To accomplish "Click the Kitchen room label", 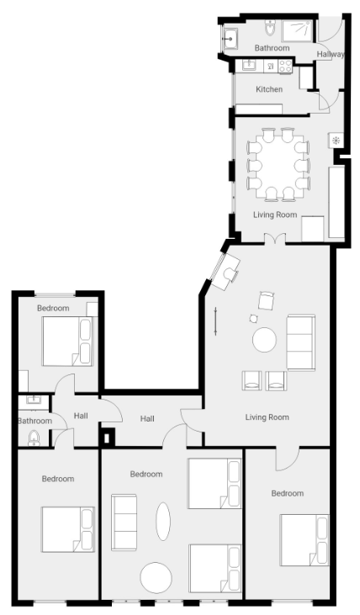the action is [x=269, y=89].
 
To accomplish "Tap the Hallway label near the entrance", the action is [x=331, y=54].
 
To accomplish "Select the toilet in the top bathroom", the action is [x=270, y=28].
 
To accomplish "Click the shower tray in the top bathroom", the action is [x=297, y=30].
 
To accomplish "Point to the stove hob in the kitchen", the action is [x=285, y=66].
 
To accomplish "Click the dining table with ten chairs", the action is [x=279, y=164].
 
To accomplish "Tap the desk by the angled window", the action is [x=225, y=272].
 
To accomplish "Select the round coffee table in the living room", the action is [x=264, y=340].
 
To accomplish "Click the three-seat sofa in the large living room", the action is [x=301, y=342].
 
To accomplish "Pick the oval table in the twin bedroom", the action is [x=163, y=522].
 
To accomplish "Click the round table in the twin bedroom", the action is [x=156, y=578].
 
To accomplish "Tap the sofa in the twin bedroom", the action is [x=124, y=522].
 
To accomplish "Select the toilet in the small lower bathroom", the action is [x=34, y=437].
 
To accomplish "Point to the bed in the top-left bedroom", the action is [x=67, y=342].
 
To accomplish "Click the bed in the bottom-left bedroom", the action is [x=68, y=529].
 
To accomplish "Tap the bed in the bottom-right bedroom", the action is [x=304, y=539].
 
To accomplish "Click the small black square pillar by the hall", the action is [x=107, y=437].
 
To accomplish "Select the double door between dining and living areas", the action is [x=274, y=238].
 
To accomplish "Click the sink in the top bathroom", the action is [x=230, y=39].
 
